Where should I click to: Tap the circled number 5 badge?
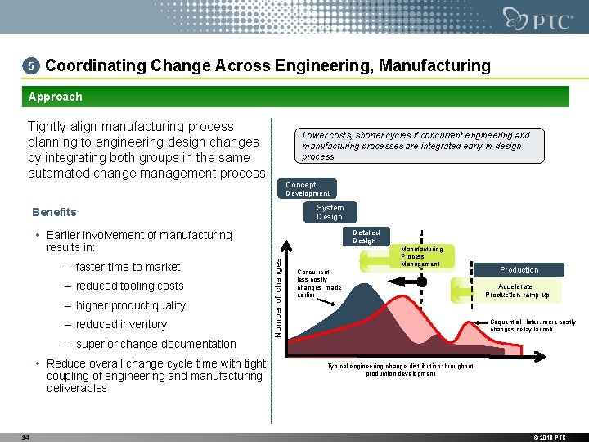click(x=30, y=65)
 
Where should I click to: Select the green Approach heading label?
click(x=55, y=97)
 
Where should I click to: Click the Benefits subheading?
click(x=54, y=212)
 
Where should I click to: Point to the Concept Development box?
click(x=308, y=189)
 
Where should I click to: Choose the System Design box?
click(x=330, y=212)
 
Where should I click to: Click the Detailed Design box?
click(x=366, y=237)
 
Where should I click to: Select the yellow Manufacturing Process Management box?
click(x=422, y=257)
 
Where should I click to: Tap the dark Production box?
click(x=519, y=269)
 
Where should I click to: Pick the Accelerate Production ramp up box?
click(x=516, y=291)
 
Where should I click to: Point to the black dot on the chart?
click(x=422, y=282)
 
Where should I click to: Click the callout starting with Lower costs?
click(x=416, y=146)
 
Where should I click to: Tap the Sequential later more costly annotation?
click(x=533, y=326)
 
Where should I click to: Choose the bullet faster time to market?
click(x=127, y=267)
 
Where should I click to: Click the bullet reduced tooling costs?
click(x=128, y=286)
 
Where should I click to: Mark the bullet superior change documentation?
click(x=155, y=344)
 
